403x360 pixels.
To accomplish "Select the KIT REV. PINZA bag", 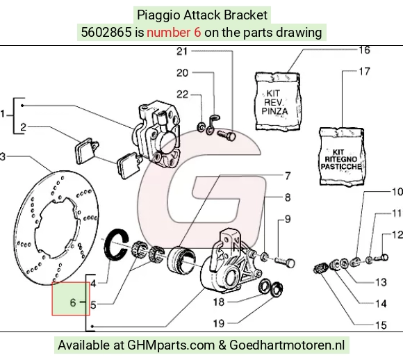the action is tap(277, 101).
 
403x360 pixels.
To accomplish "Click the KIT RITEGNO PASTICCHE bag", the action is tap(342, 157).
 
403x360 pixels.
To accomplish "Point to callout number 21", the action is tap(182, 51).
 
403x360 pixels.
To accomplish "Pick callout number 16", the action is tap(364, 50).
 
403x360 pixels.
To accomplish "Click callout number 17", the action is tap(364, 72).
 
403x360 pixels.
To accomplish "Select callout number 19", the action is tap(219, 323).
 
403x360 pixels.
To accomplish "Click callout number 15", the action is tap(381, 325).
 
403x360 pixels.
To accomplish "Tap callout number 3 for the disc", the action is tap(3, 156).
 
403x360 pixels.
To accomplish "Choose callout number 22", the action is tap(182, 95).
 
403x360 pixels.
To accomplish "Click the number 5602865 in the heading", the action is tap(106, 33).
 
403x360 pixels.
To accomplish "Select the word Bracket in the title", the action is tap(245, 15).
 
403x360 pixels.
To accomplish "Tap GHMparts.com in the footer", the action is tap(171, 345).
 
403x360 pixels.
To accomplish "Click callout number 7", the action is tap(288, 176).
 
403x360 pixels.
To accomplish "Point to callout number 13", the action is tap(381, 282).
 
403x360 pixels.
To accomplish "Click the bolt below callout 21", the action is tap(227, 136).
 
